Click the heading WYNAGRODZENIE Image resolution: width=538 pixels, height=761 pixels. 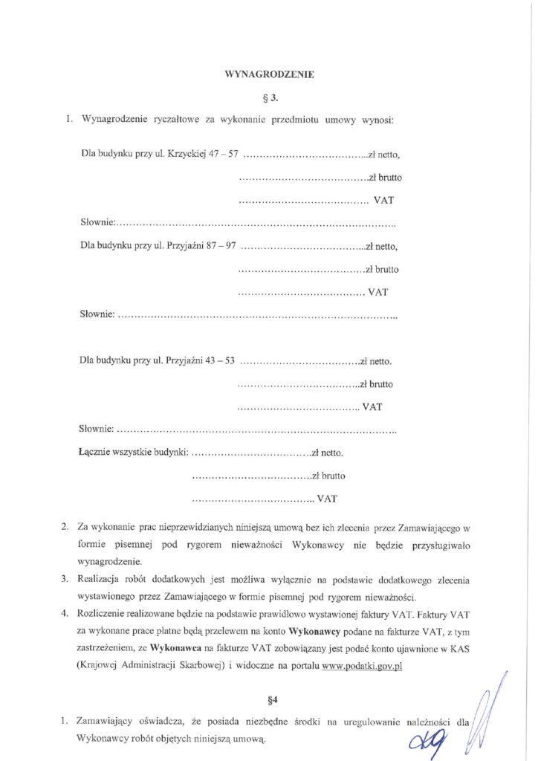pyautogui.click(x=269, y=74)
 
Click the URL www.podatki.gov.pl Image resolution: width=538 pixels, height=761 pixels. pyautogui.click(x=363, y=667)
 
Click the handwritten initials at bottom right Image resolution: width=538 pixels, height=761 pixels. pyautogui.click(x=435, y=738)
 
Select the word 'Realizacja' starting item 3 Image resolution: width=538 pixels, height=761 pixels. pyautogui.click(x=100, y=579)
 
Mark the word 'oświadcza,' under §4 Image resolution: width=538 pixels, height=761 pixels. pyautogui.click(x=170, y=722)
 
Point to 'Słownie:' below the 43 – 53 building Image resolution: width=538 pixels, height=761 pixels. pyautogui.click(x=97, y=430)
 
